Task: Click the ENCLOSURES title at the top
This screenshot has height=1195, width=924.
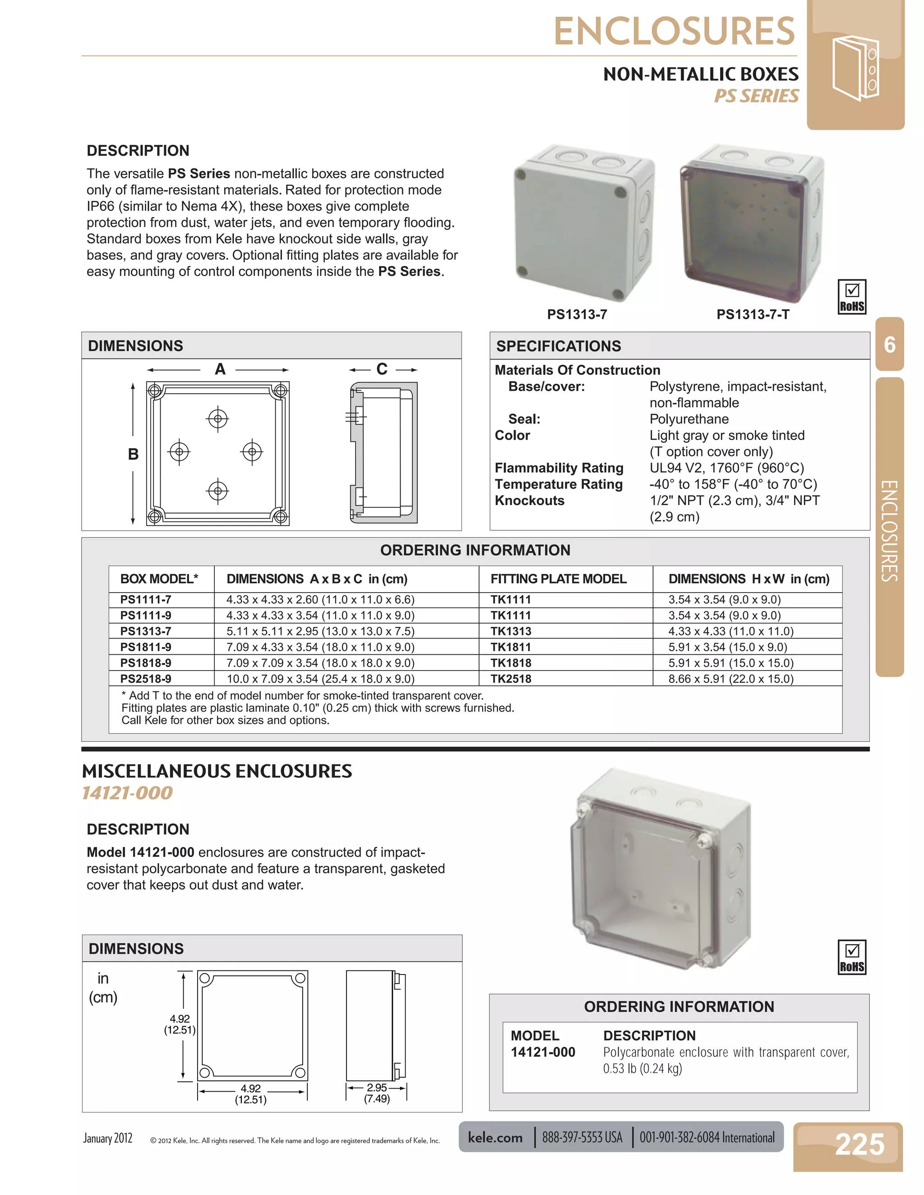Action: tap(675, 31)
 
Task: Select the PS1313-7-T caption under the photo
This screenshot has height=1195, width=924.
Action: tap(753, 315)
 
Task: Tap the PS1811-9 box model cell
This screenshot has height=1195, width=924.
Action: tap(146, 647)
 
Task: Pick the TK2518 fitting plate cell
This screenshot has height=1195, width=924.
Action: tap(511, 679)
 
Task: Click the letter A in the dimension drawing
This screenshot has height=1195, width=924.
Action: tap(220, 369)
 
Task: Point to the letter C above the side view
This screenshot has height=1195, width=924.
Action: tap(382, 369)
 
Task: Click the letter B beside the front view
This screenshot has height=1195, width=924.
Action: tap(133, 454)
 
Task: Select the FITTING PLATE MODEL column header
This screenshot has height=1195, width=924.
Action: tap(559, 579)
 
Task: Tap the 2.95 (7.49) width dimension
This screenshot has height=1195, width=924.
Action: tap(377, 1093)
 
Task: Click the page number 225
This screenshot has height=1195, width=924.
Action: tap(859, 1144)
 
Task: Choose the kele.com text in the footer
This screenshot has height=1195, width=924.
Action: tap(495, 1138)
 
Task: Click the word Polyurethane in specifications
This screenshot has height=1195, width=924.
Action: tap(688, 419)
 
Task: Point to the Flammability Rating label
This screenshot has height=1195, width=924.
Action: tap(559, 468)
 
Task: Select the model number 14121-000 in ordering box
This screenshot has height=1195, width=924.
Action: tap(542, 1052)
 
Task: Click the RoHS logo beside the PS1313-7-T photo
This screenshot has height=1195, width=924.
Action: tap(852, 297)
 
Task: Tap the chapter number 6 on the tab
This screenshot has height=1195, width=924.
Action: tap(890, 345)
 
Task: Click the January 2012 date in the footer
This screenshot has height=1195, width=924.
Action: tap(108, 1138)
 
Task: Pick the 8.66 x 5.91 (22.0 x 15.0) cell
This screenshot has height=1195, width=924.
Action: tap(731, 679)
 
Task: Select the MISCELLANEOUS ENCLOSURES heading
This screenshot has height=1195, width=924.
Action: tap(217, 771)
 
